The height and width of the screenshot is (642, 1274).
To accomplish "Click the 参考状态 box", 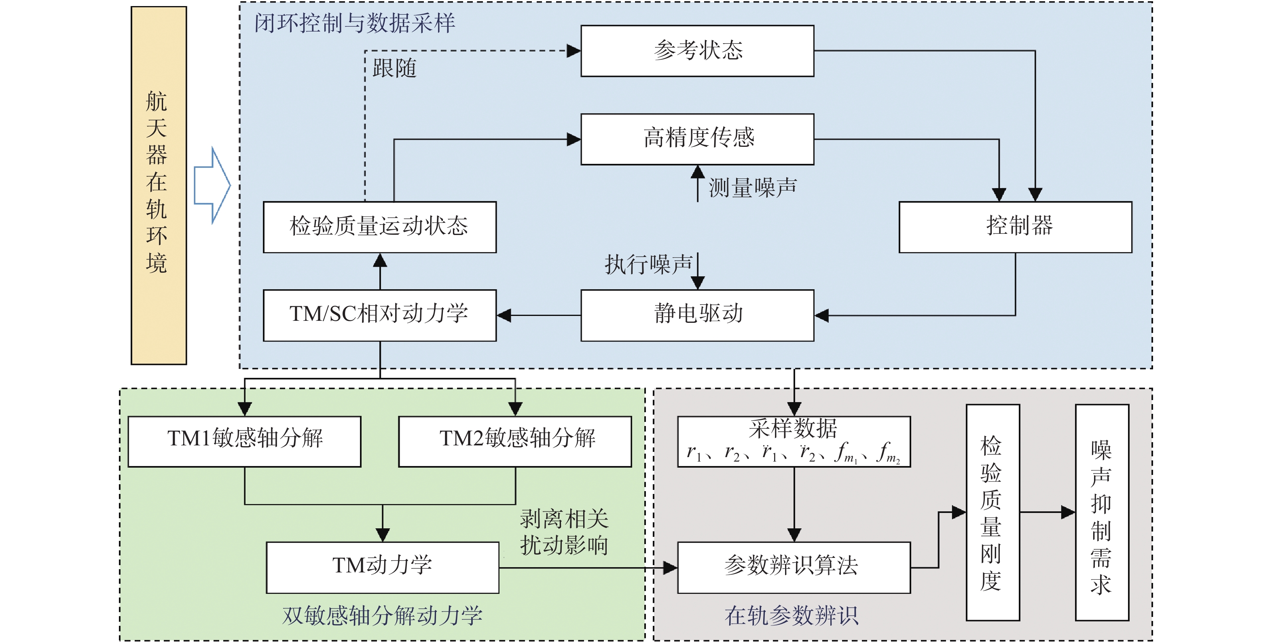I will [697, 51].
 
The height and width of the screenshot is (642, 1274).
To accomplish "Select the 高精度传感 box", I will [697, 139].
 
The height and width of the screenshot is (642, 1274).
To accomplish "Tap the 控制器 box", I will [1015, 227].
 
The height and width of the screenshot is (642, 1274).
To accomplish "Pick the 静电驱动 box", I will [697, 315].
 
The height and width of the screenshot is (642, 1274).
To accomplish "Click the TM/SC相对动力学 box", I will [379, 315].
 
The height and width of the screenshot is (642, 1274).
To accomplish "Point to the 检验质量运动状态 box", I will [379, 227].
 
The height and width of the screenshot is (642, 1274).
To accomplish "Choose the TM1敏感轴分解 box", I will [244, 441].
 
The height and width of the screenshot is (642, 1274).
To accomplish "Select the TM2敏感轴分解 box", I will [515, 441].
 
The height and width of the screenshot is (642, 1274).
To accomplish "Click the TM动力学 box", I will [382, 567].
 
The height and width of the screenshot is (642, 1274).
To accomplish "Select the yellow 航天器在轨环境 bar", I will [158, 185].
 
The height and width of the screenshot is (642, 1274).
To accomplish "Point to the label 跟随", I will [394, 68].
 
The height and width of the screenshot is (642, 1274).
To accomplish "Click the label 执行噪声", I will [648, 265].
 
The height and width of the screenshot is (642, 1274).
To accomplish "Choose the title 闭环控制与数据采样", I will [354, 23].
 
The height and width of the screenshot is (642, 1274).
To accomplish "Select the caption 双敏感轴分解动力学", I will [382, 616].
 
